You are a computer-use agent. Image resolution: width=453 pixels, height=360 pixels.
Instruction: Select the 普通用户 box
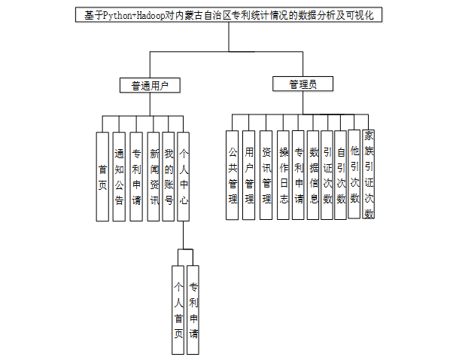click(x=150, y=85)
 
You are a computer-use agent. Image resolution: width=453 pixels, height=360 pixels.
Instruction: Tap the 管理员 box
click(x=302, y=84)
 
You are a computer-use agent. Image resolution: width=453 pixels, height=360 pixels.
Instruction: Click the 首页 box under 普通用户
click(x=102, y=175)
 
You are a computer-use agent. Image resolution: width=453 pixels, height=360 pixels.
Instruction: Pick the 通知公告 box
click(x=119, y=175)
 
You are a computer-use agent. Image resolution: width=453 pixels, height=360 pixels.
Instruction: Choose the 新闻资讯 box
click(x=153, y=175)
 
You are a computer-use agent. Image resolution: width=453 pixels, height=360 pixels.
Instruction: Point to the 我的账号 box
click(x=169, y=175)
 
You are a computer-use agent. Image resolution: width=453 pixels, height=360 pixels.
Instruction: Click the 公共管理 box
click(x=233, y=175)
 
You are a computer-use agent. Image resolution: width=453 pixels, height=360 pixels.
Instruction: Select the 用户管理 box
click(x=249, y=175)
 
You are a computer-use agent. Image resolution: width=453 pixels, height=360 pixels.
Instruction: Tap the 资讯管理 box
click(x=266, y=175)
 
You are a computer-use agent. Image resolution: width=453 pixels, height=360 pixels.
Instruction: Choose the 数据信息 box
click(x=314, y=175)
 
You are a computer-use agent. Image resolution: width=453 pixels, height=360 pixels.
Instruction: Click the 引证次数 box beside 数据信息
click(x=327, y=175)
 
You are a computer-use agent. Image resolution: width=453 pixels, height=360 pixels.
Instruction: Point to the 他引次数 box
click(x=354, y=175)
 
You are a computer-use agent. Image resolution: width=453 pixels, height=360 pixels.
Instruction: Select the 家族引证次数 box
click(x=369, y=175)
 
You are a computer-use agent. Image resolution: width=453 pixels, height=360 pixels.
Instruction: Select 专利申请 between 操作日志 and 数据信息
click(x=299, y=175)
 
